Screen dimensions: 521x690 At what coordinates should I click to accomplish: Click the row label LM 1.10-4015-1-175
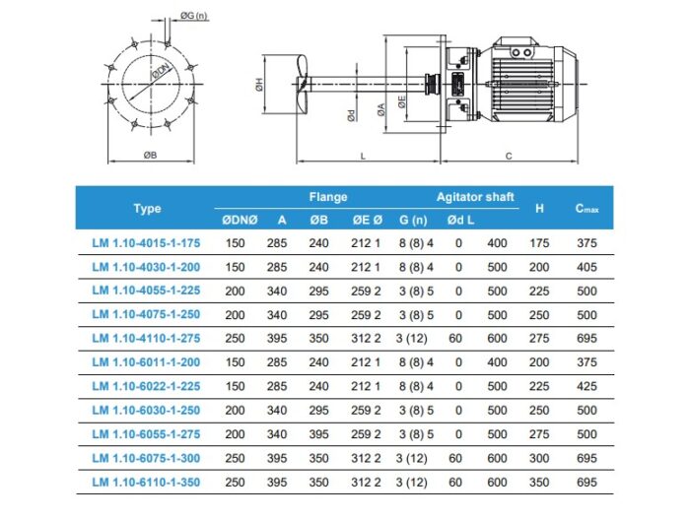click(x=145, y=242)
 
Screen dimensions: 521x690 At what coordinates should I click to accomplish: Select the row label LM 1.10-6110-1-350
click(x=145, y=482)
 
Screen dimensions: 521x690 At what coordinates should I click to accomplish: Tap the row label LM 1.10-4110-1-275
click(x=145, y=338)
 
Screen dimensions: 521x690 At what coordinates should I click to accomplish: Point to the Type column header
click(x=147, y=209)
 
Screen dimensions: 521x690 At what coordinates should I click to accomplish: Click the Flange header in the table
click(x=327, y=197)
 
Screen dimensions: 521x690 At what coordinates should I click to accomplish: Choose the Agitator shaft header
click(x=475, y=197)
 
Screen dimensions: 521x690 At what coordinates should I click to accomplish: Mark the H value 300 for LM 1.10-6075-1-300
click(x=539, y=458)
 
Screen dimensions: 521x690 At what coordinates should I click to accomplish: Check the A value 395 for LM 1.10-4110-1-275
click(x=282, y=338)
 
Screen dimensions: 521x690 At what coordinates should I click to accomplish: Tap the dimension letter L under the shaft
click(x=362, y=156)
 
